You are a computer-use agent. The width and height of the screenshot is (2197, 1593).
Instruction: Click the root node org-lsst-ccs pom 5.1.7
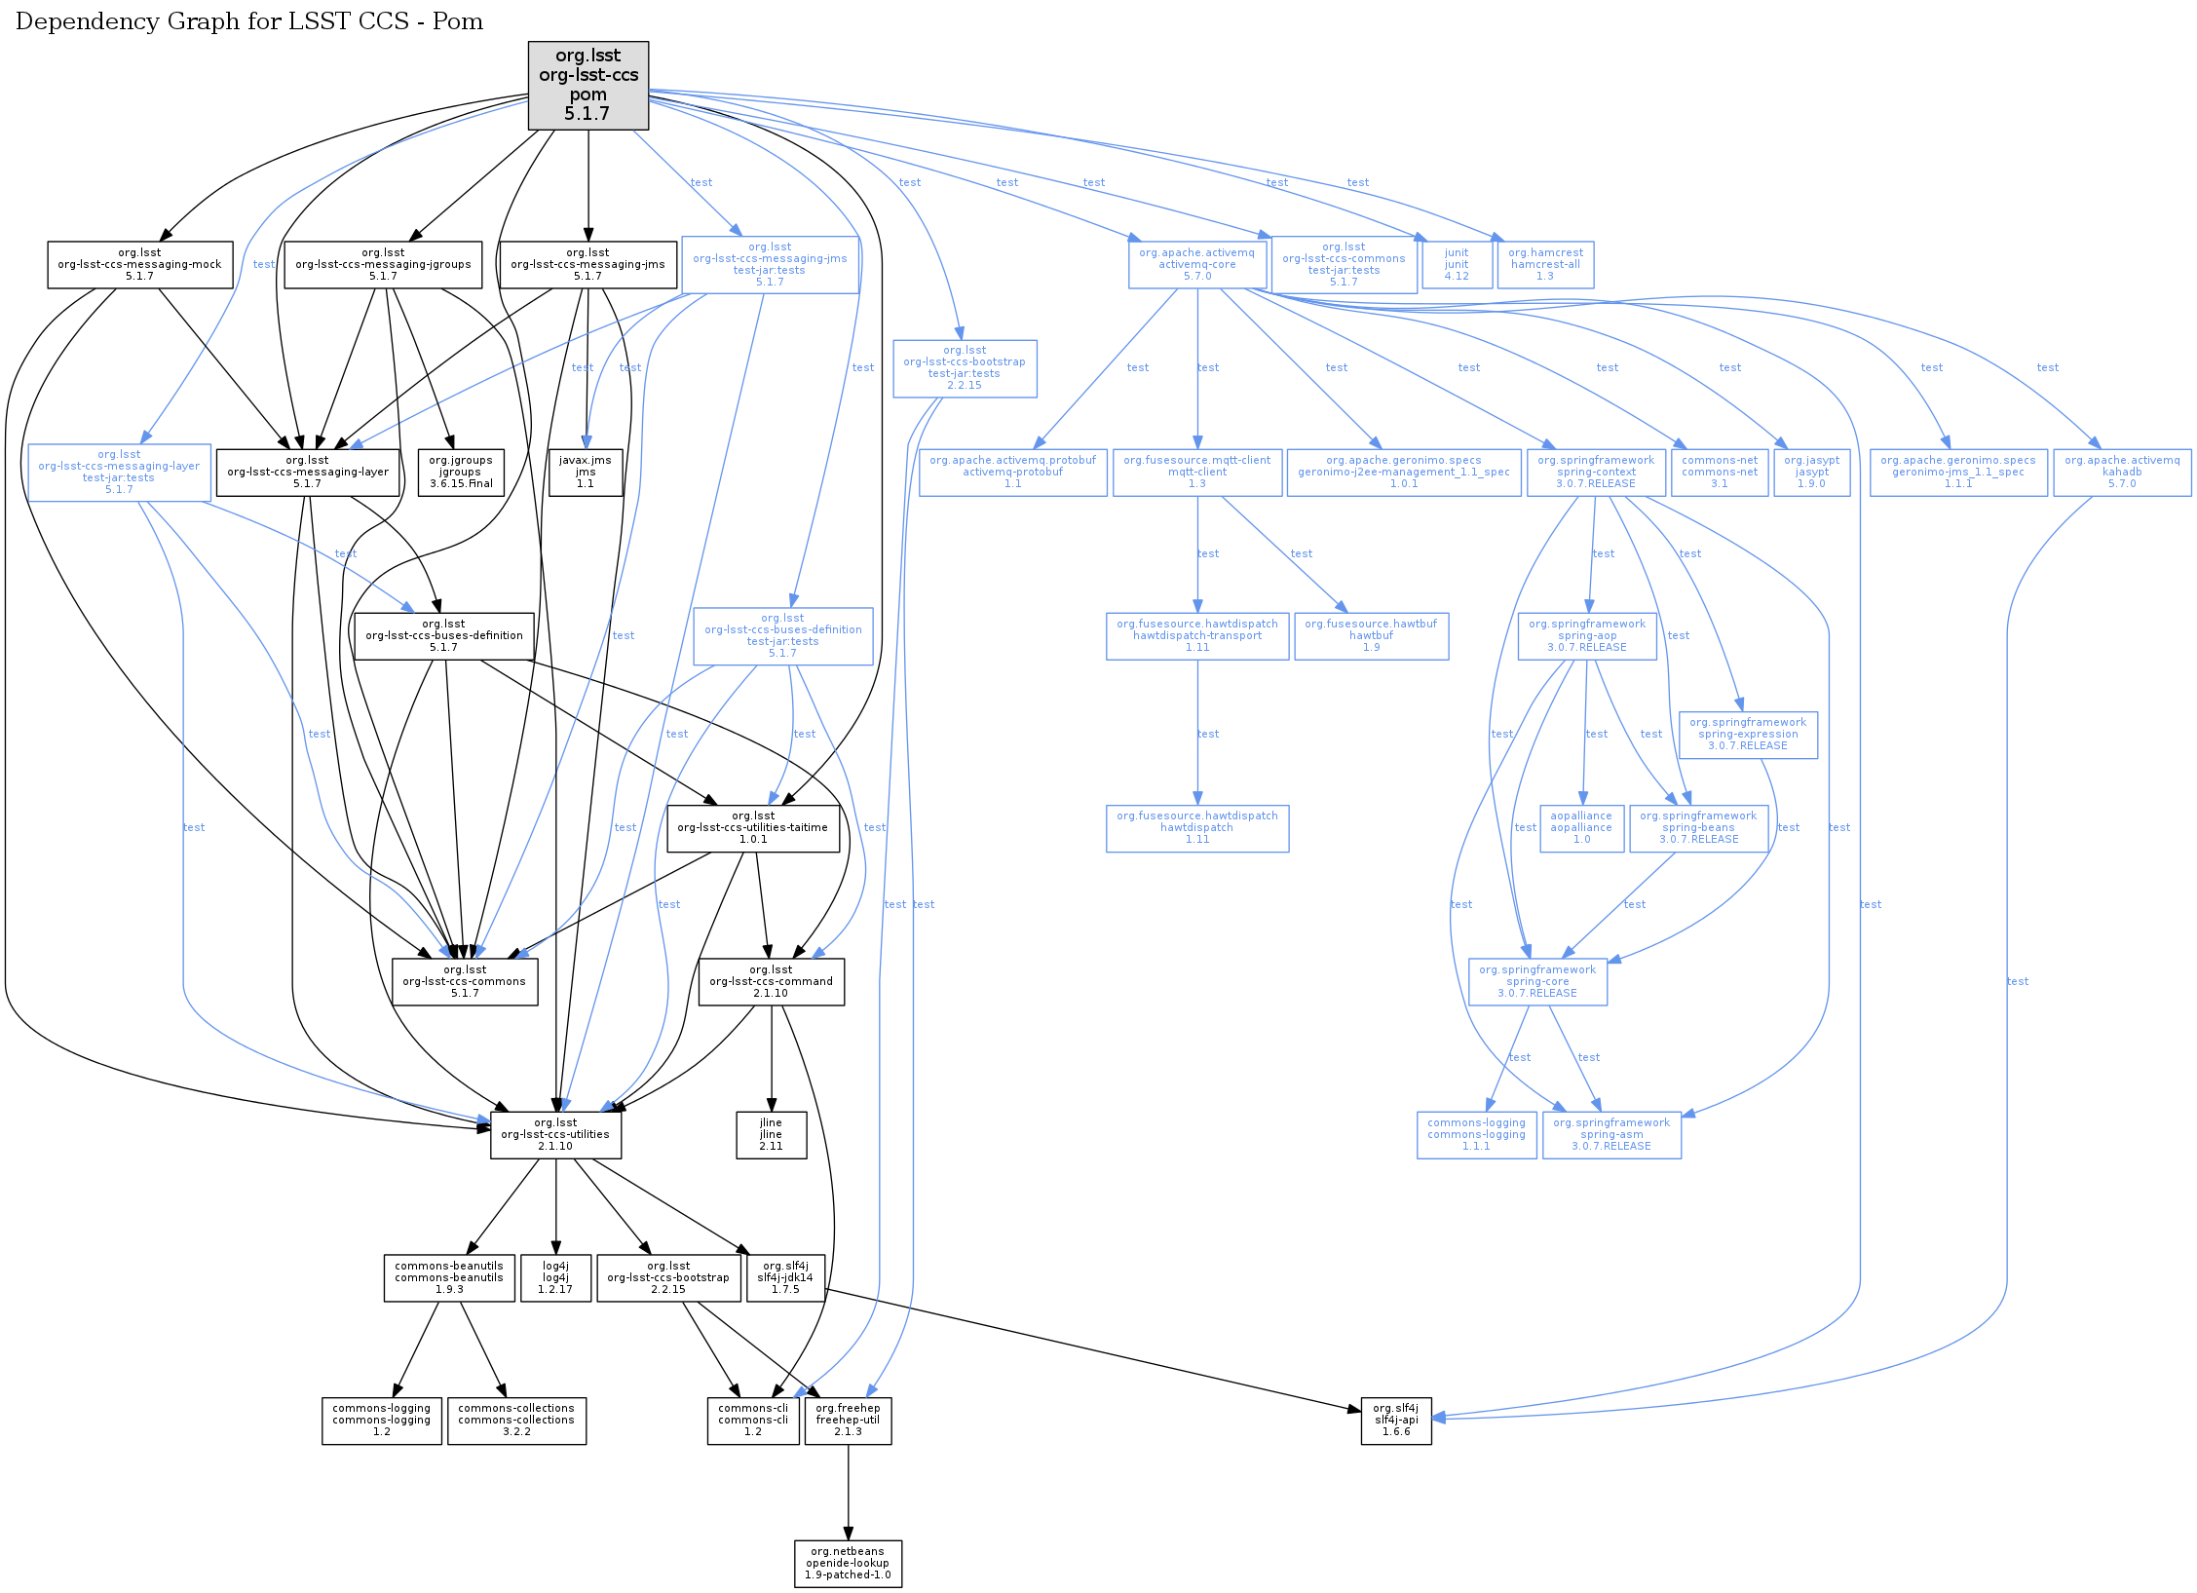(587, 85)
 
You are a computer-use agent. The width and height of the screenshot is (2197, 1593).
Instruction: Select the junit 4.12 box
(1456, 264)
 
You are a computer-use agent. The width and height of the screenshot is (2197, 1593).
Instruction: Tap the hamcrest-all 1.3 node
(1544, 264)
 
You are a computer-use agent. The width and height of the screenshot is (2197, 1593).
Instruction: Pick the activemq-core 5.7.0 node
(1196, 264)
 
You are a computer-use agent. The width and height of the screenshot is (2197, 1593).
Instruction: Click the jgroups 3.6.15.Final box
(460, 472)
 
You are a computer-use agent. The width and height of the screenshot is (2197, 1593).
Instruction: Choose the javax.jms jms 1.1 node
(585, 472)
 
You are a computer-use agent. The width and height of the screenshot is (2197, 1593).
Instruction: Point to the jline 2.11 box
(771, 1134)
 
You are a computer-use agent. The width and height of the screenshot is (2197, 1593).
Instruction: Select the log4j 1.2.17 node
(555, 1277)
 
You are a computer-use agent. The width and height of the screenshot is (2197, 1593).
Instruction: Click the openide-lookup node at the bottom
(848, 1563)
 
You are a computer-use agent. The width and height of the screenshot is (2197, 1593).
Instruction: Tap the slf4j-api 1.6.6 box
(1395, 1420)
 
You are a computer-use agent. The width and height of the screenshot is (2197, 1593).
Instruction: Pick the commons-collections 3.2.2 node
(516, 1420)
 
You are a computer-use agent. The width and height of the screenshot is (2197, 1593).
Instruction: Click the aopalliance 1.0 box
(1580, 827)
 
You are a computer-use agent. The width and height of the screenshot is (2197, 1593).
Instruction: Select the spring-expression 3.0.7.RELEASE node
(1747, 734)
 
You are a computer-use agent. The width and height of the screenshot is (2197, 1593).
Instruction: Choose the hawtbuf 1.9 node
(1371, 635)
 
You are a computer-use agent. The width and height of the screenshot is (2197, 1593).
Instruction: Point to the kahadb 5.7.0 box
(2121, 472)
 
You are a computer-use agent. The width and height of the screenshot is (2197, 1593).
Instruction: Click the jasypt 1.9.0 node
(1811, 472)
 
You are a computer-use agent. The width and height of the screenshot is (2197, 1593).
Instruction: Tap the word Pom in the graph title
(458, 21)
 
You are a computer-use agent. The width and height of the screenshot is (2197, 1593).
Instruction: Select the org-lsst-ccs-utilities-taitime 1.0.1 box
(752, 827)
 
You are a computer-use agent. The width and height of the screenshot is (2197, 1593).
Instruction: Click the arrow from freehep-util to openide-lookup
(848, 1491)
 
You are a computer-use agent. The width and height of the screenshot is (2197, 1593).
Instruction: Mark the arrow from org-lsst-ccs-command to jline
(772, 1057)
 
